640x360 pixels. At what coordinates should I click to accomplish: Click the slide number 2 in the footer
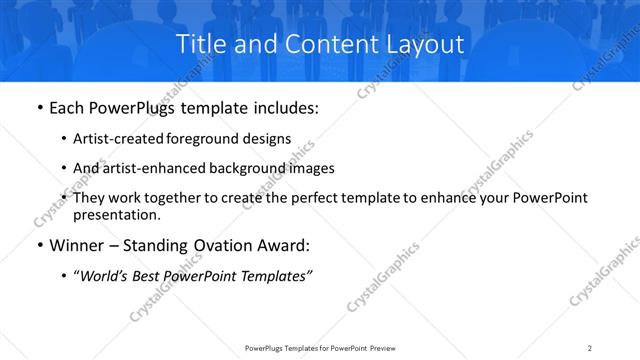(x=590, y=347)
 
